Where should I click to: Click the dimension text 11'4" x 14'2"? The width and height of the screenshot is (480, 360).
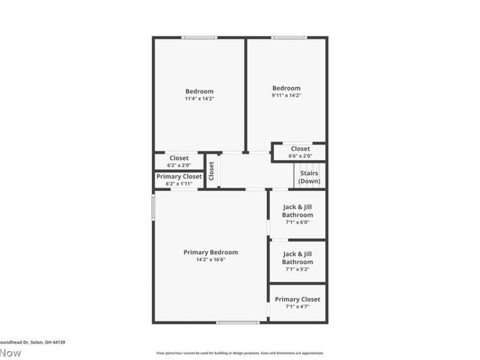tap(199, 98)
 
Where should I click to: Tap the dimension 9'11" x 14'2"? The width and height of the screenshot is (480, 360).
tap(286, 95)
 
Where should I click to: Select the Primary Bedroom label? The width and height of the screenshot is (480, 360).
tap(211, 252)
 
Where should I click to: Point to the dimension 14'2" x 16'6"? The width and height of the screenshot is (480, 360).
tap(211, 259)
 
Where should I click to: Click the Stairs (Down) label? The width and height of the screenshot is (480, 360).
tap(309, 177)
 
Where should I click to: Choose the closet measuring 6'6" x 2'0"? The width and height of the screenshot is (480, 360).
tap(300, 152)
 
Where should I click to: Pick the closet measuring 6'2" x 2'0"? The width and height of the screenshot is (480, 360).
tap(179, 161)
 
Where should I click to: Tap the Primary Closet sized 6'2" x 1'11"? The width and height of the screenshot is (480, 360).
tap(179, 180)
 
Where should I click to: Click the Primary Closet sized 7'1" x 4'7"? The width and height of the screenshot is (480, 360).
tap(298, 302)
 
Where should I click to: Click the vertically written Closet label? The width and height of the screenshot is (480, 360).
tap(211, 171)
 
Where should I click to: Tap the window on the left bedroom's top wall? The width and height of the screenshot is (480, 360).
tap(199, 38)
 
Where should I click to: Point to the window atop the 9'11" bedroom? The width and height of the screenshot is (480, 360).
tap(289, 38)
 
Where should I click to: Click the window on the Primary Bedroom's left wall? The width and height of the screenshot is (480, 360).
tap(153, 206)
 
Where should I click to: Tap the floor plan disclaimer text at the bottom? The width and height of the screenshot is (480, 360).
tap(240, 353)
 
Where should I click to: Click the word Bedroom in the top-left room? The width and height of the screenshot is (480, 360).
tap(199, 91)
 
